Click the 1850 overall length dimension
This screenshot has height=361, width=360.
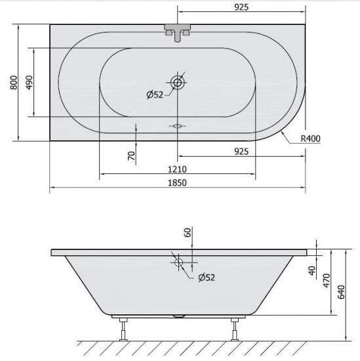tap(177, 183)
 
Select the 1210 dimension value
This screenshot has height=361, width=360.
tap(177, 169)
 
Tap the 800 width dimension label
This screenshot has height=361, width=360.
tap(14, 83)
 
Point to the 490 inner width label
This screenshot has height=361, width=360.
tap(30, 83)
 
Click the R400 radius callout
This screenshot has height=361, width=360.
tap(311, 138)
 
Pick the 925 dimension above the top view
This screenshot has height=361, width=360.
tap(241, 7)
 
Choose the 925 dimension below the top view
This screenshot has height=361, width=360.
tap(241, 152)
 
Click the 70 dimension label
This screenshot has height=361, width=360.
tap(131, 156)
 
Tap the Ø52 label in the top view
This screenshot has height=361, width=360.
tap(155, 95)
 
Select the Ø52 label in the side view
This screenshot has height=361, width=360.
tap(207, 278)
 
